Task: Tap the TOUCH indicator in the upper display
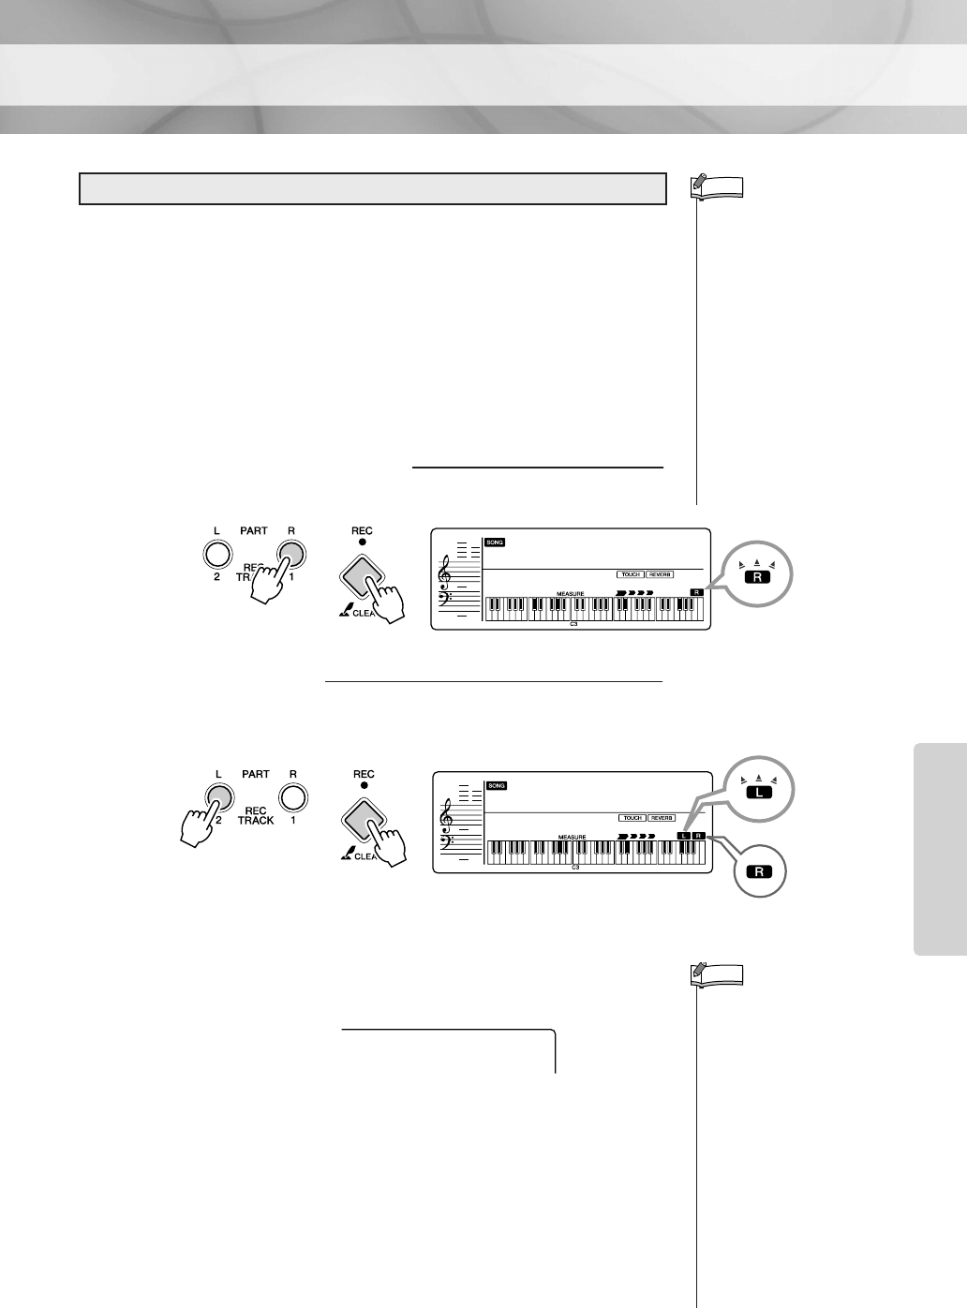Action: tap(631, 573)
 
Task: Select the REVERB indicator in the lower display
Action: tap(662, 817)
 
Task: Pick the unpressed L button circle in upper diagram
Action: tap(216, 555)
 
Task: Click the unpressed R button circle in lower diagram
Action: tap(293, 797)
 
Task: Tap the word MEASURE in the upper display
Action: tap(570, 594)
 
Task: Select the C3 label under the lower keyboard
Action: tap(575, 869)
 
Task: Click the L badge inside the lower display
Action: tap(684, 835)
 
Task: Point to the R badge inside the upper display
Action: tap(696, 592)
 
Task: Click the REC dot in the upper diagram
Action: tap(363, 543)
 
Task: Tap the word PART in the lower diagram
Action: tap(255, 774)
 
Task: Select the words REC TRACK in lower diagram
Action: tap(255, 814)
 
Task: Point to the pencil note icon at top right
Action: tap(699, 186)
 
